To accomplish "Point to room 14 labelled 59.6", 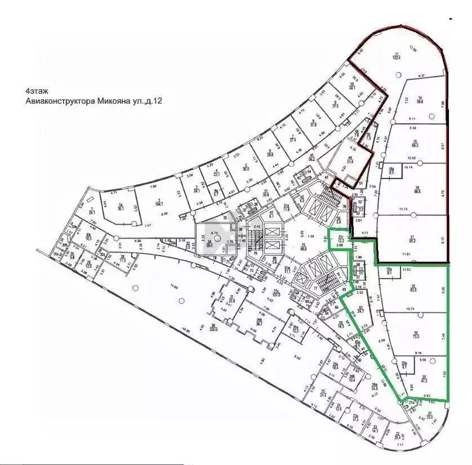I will point(418,102).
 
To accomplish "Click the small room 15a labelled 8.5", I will point(391,171).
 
